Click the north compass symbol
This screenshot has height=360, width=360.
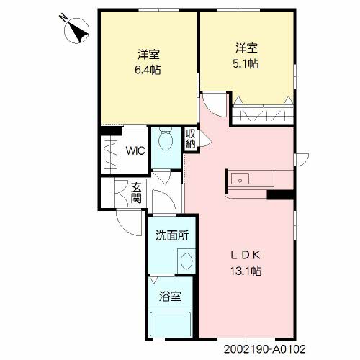[77, 31]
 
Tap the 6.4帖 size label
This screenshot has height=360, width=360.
[148, 70]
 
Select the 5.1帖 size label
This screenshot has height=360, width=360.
[246, 64]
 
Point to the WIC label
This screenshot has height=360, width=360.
[135, 151]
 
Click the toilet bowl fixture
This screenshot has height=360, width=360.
[166, 139]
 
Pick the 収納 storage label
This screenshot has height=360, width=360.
[191, 139]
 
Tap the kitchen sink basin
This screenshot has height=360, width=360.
[240, 179]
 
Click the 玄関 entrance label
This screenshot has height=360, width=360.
[136, 193]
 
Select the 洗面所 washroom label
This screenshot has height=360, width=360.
[172, 235]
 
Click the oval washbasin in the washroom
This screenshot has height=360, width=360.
[186, 261]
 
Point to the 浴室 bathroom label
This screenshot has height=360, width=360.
[170, 297]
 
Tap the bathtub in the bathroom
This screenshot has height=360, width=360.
[170, 324]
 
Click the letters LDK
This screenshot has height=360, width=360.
[246, 256]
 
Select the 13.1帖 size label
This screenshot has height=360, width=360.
[246, 271]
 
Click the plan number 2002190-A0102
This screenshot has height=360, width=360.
[265, 349]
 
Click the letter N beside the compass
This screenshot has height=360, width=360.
[63, 18]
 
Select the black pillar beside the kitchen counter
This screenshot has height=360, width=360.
[280, 195]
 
